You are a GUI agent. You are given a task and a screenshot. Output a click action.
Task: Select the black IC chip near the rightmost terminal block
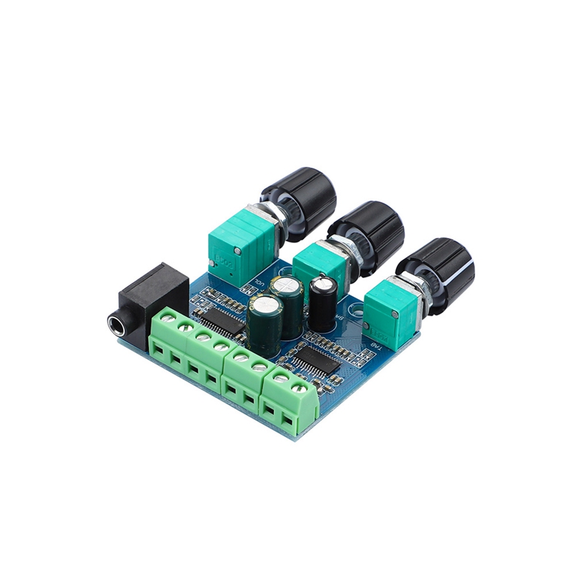click(x=316, y=359)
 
